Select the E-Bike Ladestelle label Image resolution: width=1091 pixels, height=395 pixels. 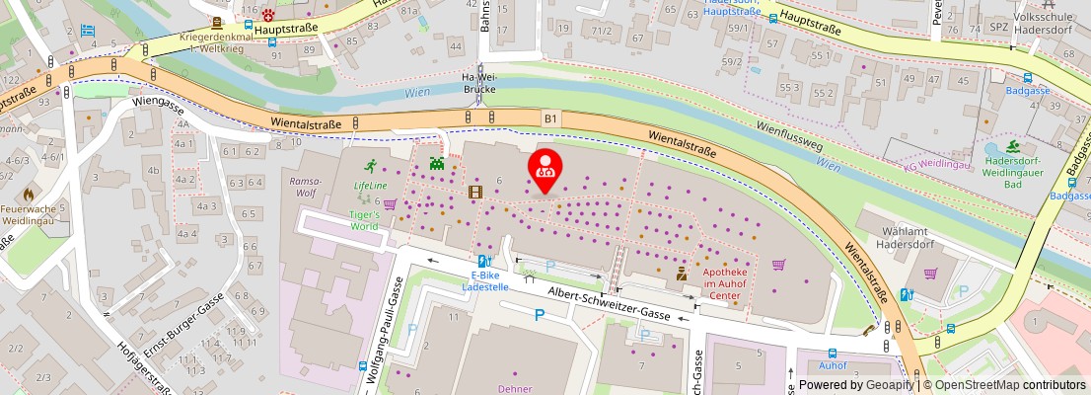[x=485, y=281]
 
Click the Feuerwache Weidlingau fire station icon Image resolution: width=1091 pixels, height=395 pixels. [x=29, y=195]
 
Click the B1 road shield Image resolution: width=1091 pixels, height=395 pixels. [x=549, y=118]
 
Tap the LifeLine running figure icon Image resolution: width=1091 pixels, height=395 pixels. [x=371, y=166]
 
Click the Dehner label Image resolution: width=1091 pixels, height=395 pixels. [x=515, y=389]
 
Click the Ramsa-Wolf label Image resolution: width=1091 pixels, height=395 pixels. [x=298, y=188]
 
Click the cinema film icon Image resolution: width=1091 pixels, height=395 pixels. [x=475, y=193]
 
